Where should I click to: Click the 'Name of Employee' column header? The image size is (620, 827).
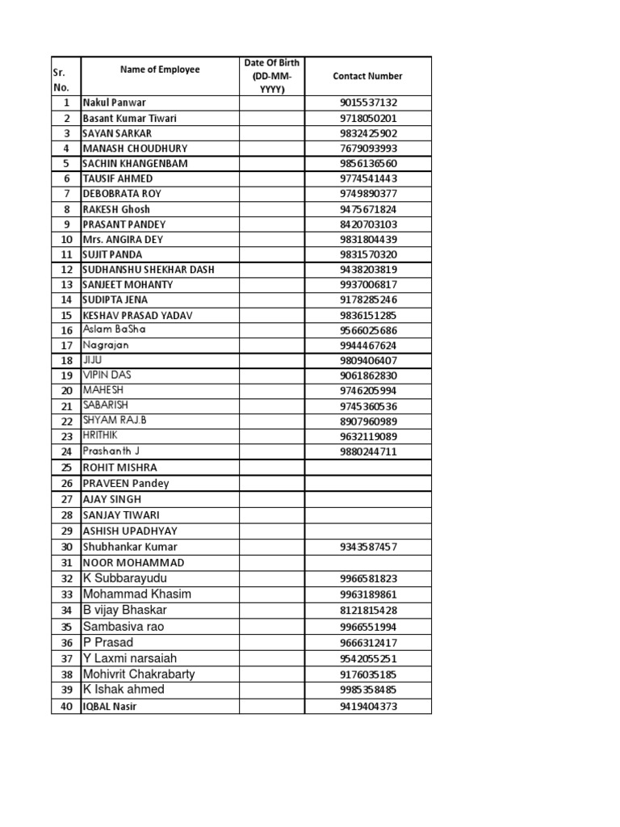click(x=160, y=70)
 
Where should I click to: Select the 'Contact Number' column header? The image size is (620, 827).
click(x=367, y=76)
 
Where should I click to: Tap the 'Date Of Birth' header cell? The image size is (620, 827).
click(x=272, y=76)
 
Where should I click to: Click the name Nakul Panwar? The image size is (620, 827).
click(x=110, y=103)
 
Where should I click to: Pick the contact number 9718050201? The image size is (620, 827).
click(x=368, y=118)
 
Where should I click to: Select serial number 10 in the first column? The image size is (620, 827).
click(x=66, y=239)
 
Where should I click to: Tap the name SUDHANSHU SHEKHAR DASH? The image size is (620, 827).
click(x=149, y=270)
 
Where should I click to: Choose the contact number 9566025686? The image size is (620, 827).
click(x=368, y=330)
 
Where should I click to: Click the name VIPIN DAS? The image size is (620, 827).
click(x=107, y=376)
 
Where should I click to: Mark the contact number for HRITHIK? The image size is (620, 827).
click(x=368, y=437)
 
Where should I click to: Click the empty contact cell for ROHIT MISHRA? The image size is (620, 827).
click(x=368, y=468)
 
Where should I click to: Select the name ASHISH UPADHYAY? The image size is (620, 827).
click(x=130, y=531)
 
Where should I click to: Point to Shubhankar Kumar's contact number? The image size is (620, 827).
click(x=368, y=547)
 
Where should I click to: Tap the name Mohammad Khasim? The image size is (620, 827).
click(x=137, y=594)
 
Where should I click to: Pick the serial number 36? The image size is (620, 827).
click(x=66, y=643)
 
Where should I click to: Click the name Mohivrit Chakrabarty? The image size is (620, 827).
click(x=139, y=674)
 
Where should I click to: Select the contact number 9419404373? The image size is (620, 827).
click(x=368, y=707)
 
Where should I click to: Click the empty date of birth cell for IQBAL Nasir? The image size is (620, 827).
click(x=272, y=707)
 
